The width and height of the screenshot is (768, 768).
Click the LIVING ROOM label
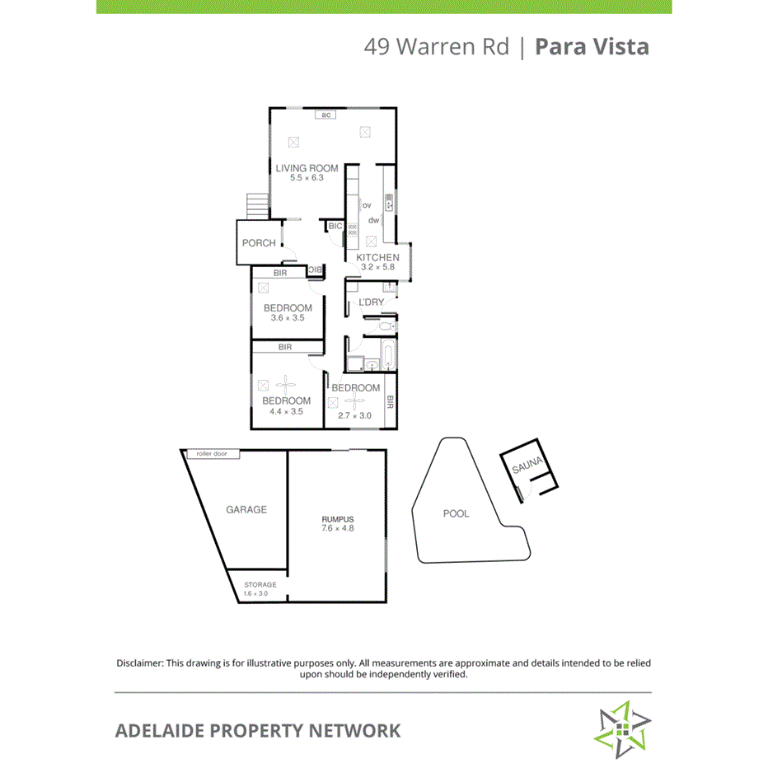(x=307, y=168)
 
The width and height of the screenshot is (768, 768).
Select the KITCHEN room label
(x=377, y=257)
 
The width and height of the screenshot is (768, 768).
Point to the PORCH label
(x=259, y=243)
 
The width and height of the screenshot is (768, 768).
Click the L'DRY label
(x=371, y=302)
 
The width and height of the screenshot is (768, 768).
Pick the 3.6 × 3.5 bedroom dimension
(x=288, y=317)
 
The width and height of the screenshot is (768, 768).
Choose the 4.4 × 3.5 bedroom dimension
(x=287, y=410)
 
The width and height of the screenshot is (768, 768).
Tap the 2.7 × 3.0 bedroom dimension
(x=355, y=415)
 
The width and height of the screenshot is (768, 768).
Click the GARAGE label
(x=246, y=509)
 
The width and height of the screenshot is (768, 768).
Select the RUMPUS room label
(x=337, y=518)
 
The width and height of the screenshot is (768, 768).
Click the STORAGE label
(x=260, y=584)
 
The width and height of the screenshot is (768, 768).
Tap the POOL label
(x=456, y=513)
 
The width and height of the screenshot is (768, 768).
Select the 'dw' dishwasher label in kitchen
(x=373, y=220)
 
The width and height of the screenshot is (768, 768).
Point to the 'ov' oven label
(x=367, y=205)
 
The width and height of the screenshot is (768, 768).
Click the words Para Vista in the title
(x=592, y=46)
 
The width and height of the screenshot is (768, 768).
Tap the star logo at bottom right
(x=624, y=728)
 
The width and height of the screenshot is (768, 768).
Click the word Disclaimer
(x=139, y=663)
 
